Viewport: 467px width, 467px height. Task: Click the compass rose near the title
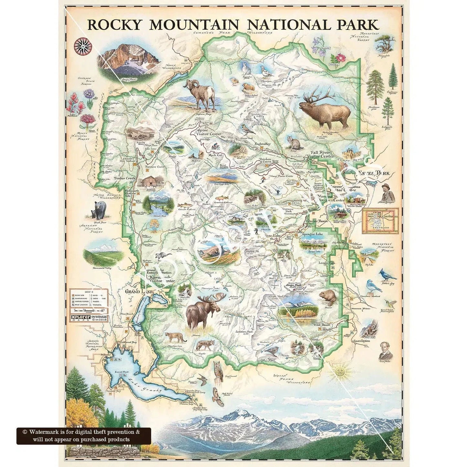pos(81,45)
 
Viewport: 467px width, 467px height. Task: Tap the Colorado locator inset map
pos(380,221)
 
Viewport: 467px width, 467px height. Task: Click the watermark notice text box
pos(83,436)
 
